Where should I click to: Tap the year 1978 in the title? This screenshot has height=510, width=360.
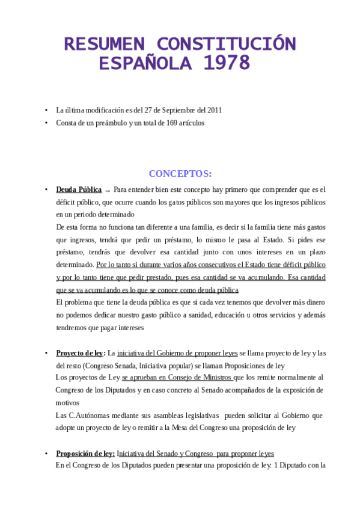(228, 62)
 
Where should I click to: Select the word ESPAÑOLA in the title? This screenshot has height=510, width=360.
(147, 62)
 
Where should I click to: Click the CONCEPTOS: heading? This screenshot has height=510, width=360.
(180, 174)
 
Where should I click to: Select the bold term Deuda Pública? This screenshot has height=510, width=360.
(79, 189)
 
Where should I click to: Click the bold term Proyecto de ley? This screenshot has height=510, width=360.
(81, 353)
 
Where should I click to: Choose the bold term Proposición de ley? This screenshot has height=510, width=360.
(85, 453)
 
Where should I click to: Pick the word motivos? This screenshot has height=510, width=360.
(67, 402)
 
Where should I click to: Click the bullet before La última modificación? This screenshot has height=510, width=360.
(46, 110)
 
